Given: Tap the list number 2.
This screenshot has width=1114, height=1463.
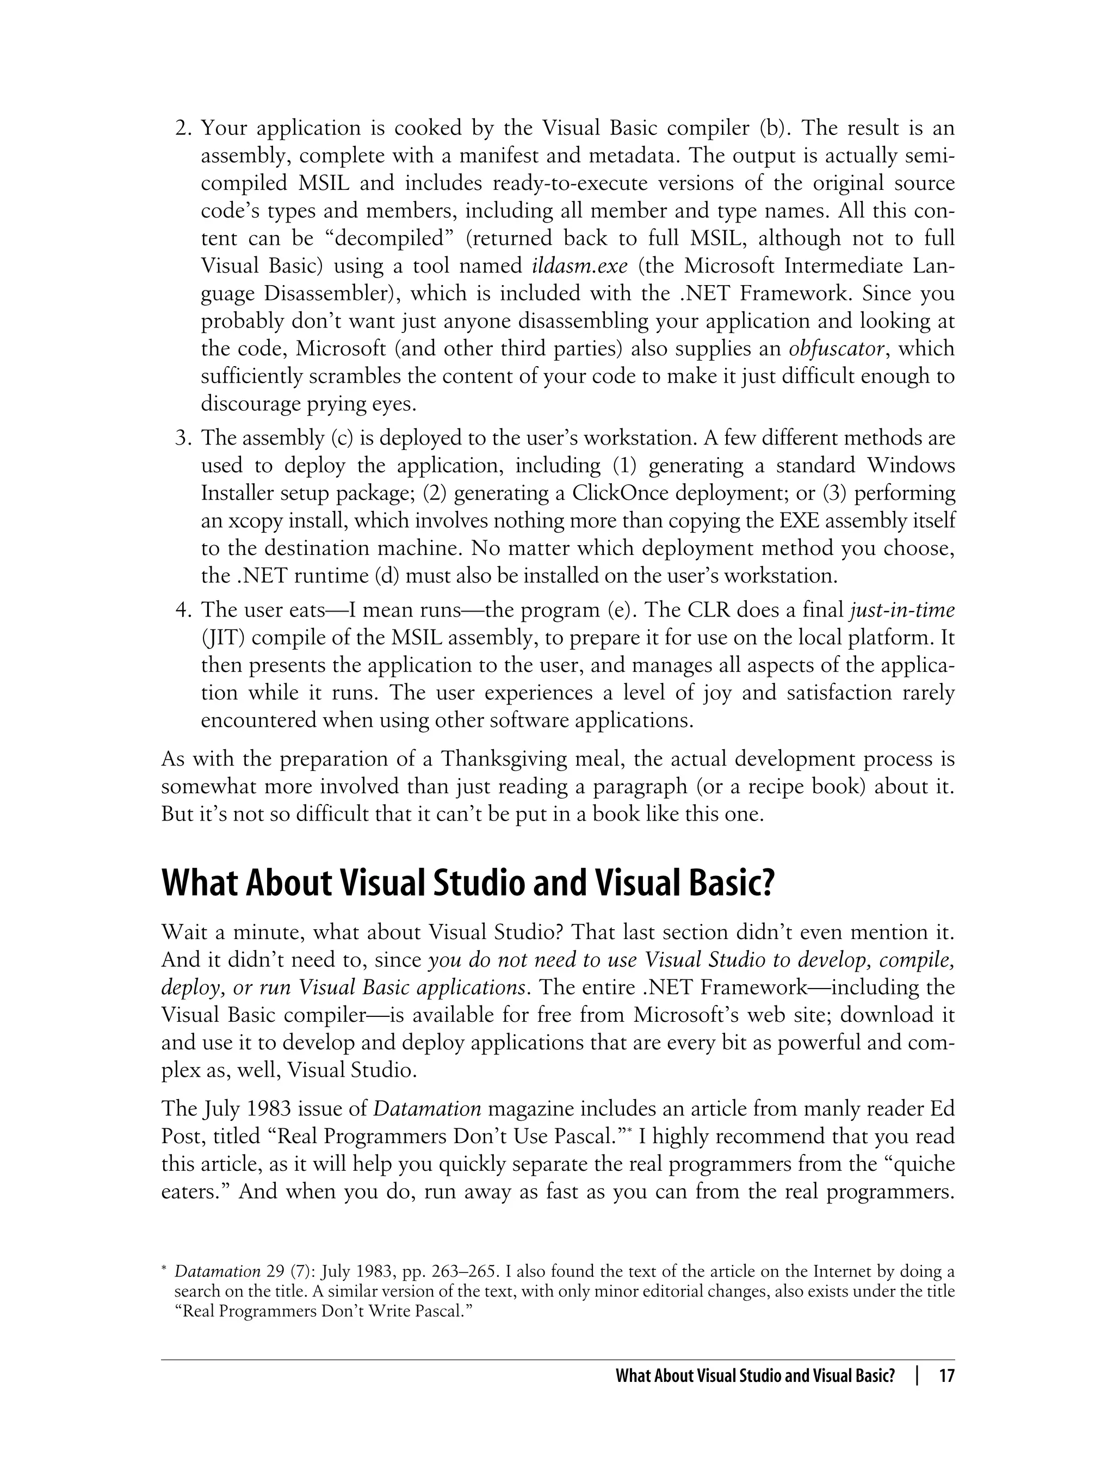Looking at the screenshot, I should pos(182,127).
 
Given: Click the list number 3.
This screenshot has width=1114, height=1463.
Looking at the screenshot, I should pos(182,438).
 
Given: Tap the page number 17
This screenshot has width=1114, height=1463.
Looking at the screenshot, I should pos(946,1375).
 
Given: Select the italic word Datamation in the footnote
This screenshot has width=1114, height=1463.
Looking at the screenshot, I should pos(217,1271).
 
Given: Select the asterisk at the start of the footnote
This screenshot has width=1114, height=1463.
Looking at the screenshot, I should pos(164,1268).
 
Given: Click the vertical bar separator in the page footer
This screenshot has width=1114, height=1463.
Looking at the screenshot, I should pos(917,1375).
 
